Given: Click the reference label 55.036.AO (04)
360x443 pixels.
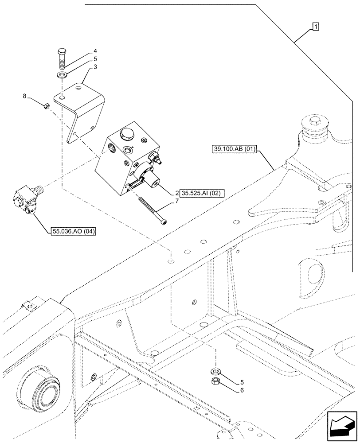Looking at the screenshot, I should [x=74, y=231].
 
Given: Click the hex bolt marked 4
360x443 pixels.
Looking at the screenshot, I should [x=62, y=55].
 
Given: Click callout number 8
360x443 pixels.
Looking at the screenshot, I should [x=24, y=95].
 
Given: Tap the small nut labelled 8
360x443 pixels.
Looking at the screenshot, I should [x=46, y=105].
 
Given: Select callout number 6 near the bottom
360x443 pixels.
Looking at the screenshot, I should [x=241, y=390].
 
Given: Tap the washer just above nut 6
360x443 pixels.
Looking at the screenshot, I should [x=215, y=370].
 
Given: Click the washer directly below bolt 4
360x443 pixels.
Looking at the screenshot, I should [x=62, y=74].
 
